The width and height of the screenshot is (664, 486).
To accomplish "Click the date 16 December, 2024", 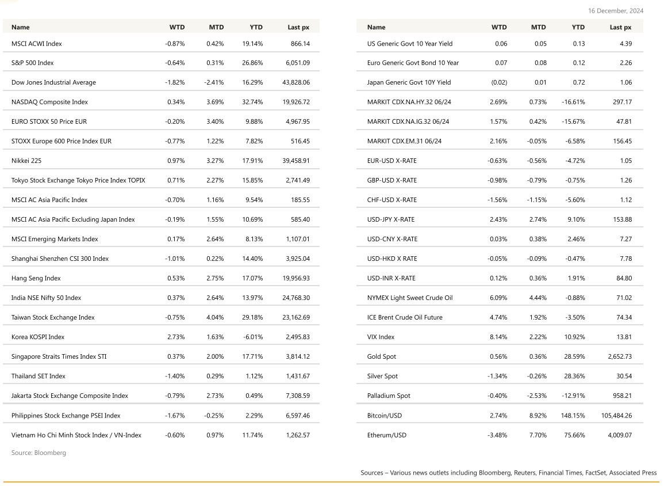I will tap(616, 10).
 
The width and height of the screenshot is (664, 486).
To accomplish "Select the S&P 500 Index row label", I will tap(32, 63).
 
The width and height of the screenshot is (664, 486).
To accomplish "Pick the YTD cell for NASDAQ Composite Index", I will tap(252, 102).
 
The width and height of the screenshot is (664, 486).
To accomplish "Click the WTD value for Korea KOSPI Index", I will tap(176, 337).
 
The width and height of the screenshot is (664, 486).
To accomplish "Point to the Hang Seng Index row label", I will tap(36, 278).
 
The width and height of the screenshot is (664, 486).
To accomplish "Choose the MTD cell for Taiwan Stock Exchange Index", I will tap(215, 317).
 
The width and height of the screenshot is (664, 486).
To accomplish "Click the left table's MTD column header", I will tap(216, 27).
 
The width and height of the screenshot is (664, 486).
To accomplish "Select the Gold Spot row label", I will tap(381, 356).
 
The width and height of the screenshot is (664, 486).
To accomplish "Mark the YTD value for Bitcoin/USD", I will tap(573, 415).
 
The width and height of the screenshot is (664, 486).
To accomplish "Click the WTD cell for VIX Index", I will tap(498, 337).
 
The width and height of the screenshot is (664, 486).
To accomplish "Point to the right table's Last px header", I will tap(620, 27).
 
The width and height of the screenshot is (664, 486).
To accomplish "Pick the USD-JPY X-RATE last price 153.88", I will tap(622, 219).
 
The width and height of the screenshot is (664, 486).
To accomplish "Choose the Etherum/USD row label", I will tap(386, 435).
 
